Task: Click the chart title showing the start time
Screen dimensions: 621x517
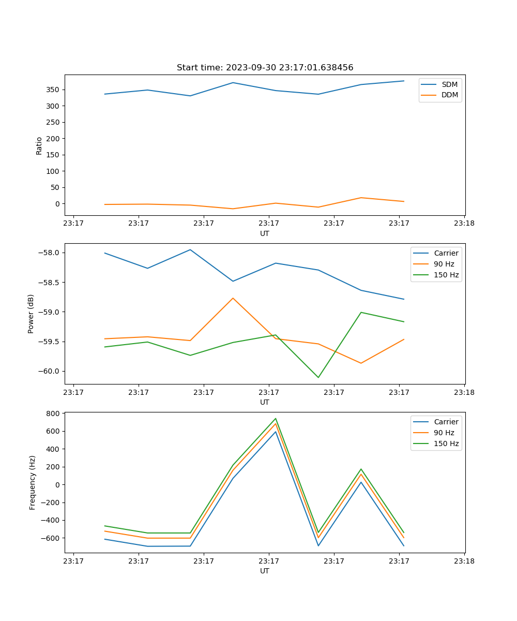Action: [265, 68]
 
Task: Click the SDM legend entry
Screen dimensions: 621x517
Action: [449, 84]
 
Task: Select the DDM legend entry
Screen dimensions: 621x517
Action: [449, 95]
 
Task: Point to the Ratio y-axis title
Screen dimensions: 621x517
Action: [39, 145]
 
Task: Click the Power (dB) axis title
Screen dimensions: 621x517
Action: [31, 314]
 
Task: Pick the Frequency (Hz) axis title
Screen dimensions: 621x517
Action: [32, 482]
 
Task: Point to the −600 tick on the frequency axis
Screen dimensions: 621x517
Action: [51, 538]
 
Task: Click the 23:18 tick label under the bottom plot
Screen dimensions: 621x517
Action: [464, 561]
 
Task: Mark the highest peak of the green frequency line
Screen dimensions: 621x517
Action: [276, 419]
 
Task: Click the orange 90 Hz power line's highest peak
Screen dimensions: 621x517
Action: [233, 298]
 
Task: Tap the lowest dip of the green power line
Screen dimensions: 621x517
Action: [318, 377]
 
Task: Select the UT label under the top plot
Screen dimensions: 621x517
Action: [265, 233]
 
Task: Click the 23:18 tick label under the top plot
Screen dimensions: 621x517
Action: [464, 224]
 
